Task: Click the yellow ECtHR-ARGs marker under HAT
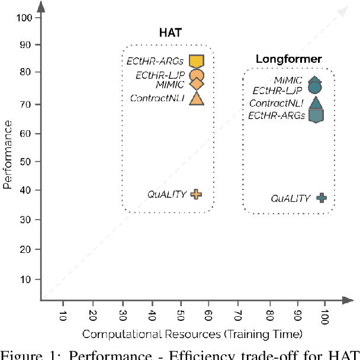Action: click(x=196, y=61)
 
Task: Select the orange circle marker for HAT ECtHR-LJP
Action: click(x=196, y=76)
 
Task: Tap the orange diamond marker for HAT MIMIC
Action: click(x=196, y=85)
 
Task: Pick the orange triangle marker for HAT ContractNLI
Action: click(x=196, y=98)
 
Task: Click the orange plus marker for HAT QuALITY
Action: click(x=196, y=194)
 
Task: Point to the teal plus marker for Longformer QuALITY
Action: click(x=322, y=198)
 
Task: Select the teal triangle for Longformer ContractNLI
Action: click(x=316, y=103)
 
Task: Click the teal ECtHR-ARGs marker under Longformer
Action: click(x=316, y=115)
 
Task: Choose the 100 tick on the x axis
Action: click(x=323, y=316)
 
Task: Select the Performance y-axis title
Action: click(x=7, y=155)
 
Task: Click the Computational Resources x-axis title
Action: click(x=192, y=335)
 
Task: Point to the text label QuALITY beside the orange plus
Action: click(x=167, y=194)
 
